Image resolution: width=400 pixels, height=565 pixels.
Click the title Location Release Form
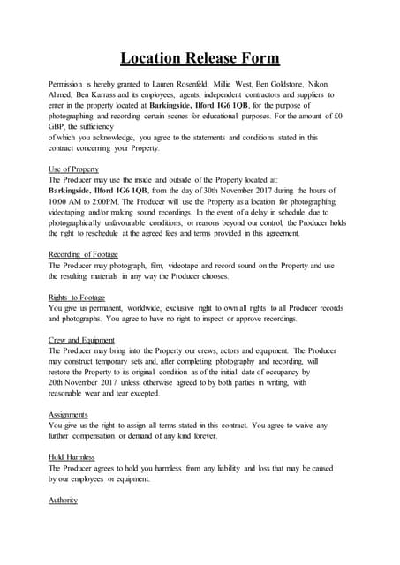pyautogui.click(x=200, y=59)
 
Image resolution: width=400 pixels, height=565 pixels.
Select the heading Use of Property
pyautogui.click(x=74, y=169)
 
